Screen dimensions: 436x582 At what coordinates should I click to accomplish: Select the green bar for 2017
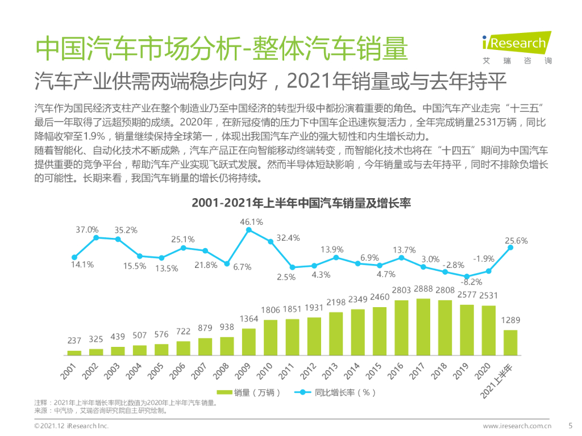click(423, 327)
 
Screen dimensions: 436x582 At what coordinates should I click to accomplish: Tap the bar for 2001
click(74, 353)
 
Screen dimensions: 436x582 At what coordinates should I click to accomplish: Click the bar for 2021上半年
click(510, 342)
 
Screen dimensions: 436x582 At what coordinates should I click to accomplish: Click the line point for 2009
click(248, 230)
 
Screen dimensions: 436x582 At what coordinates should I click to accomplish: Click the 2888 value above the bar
click(423, 290)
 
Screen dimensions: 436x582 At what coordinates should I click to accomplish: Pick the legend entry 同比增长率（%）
click(335, 392)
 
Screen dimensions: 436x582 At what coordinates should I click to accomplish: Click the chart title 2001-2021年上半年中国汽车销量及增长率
click(301, 203)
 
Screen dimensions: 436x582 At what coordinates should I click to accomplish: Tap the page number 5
click(571, 425)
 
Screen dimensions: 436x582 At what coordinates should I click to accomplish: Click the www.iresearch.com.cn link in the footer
click(518, 426)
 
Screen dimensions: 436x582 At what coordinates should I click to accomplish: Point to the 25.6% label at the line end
click(516, 241)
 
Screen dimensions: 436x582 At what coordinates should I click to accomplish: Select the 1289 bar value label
click(510, 321)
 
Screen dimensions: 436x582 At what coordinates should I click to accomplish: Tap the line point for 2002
click(96, 237)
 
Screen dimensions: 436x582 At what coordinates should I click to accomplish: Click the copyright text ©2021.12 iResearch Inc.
click(71, 426)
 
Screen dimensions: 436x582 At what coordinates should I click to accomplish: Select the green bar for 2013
click(336, 334)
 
